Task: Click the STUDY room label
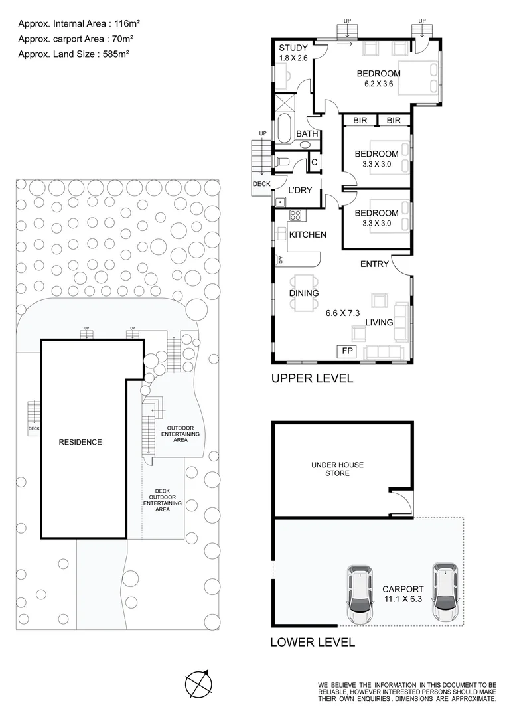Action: point(293,48)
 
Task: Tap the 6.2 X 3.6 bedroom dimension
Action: point(378,84)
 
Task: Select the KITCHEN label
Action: point(307,234)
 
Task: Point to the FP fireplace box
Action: point(347,351)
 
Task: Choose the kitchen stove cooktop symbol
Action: point(295,214)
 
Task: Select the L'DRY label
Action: point(300,190)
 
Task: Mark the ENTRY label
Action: point(374,264)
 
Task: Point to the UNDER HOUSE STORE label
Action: point(337,469)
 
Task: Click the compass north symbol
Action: point(198,683)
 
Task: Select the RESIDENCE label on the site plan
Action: point(80,442)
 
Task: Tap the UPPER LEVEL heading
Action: point(312,379)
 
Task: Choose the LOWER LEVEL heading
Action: point(313,642)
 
